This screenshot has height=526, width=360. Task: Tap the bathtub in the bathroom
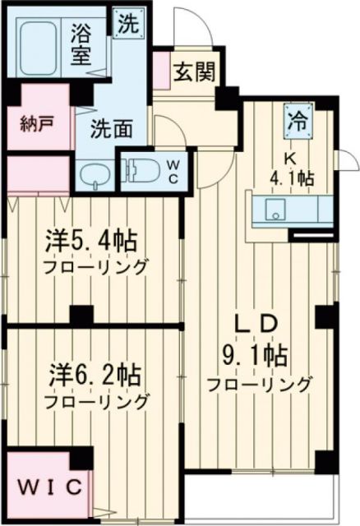coord(41,48)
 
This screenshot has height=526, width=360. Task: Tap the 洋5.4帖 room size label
coord(90,243)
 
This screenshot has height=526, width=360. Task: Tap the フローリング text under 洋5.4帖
coord(96,267)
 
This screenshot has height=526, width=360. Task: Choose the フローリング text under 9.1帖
coord(260,383)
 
